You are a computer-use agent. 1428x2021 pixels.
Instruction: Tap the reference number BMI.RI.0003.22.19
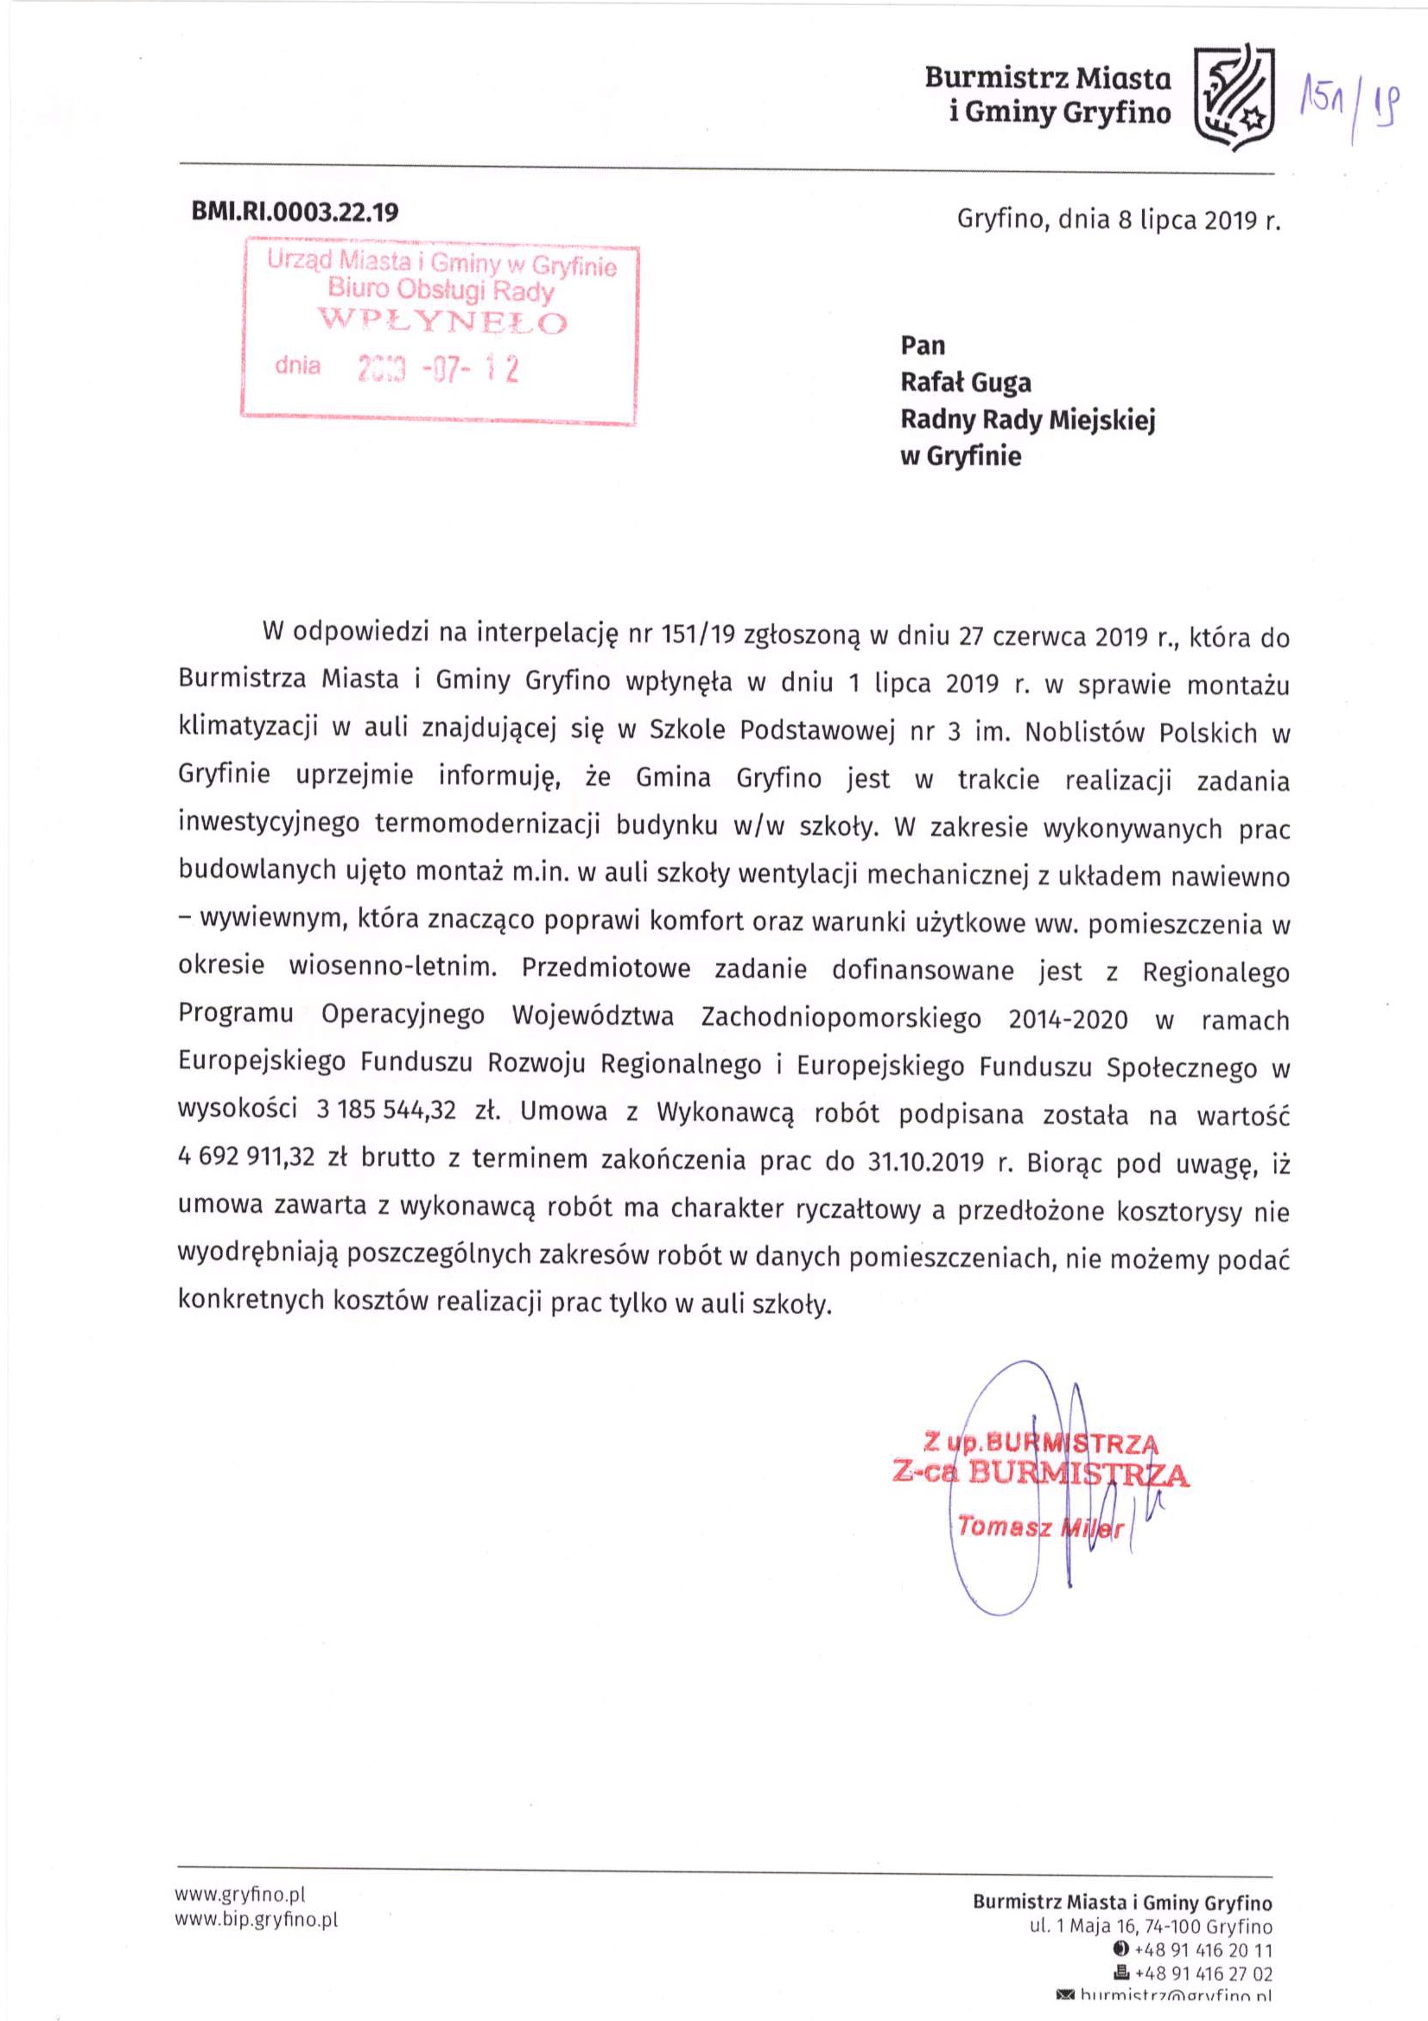click(295, 213)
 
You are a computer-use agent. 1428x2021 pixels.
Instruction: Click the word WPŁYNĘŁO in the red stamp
click(443, 322)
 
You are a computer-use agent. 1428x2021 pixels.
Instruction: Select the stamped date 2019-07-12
click(436, 369)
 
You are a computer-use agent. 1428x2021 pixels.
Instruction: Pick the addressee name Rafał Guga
click(965, 382)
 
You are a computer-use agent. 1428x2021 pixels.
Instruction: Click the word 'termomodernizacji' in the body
click(486, 823)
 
